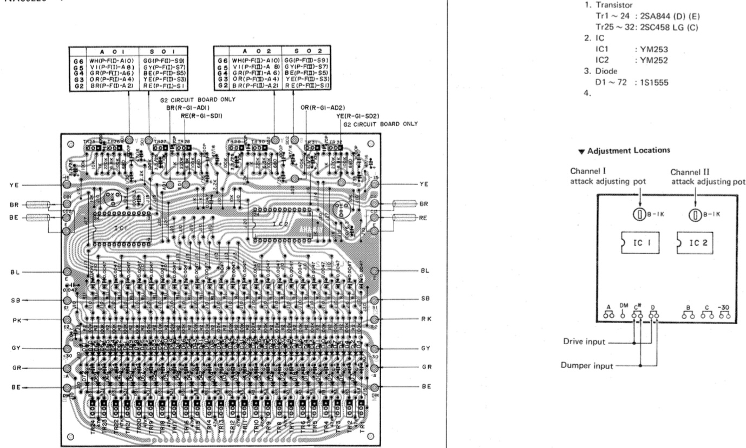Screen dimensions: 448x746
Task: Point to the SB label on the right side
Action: pyautogui.click(x=425, y=299)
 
